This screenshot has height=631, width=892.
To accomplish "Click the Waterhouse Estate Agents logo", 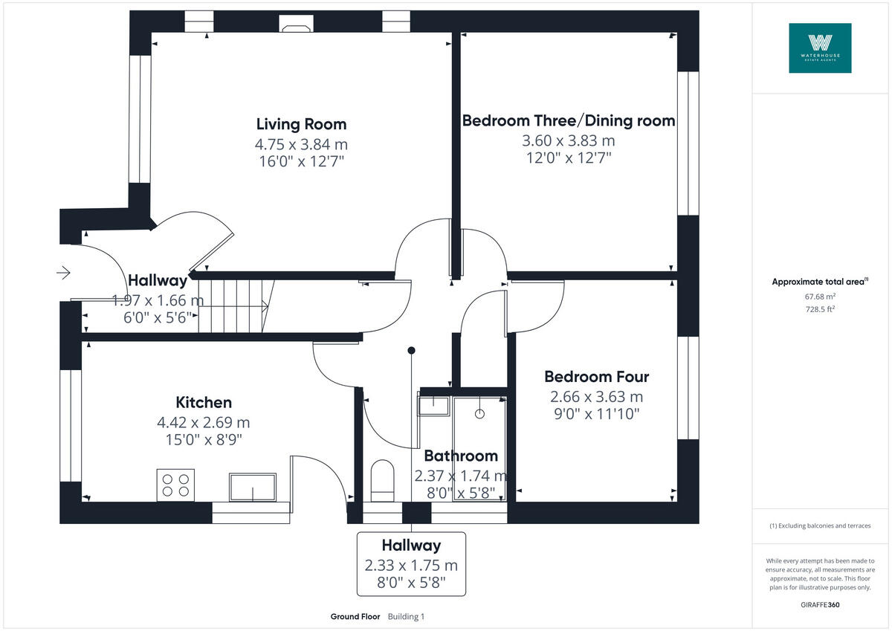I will tap(820, 48).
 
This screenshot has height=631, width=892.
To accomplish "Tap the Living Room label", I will tap(301, 124).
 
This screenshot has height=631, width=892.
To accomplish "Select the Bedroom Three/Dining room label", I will tap(569, 120).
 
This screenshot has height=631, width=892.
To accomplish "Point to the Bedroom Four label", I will tap(596, 377).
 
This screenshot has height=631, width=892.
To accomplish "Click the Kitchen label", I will tap(204, 403).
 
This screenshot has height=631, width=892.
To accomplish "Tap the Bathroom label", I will tap(460, 456).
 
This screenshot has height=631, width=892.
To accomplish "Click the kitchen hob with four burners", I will tap(175, 485).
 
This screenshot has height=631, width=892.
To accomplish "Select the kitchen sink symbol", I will tap(252, 486).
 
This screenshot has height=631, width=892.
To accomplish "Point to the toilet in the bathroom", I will tap(382, 478).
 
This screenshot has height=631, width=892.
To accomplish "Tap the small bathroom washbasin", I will tap(433, 406).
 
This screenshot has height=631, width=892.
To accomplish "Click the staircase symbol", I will tap(233, 305).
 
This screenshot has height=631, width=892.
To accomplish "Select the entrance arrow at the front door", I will tap(63, 273).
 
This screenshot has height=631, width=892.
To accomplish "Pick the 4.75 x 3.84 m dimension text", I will tap(301, 144).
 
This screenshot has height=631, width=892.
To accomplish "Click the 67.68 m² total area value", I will tap(820, 296).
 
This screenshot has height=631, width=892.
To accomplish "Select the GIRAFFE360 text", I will tap(820, 605).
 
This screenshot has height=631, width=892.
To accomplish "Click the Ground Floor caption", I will tap(355, 617).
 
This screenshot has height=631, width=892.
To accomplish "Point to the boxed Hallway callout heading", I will tap(411, 546).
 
